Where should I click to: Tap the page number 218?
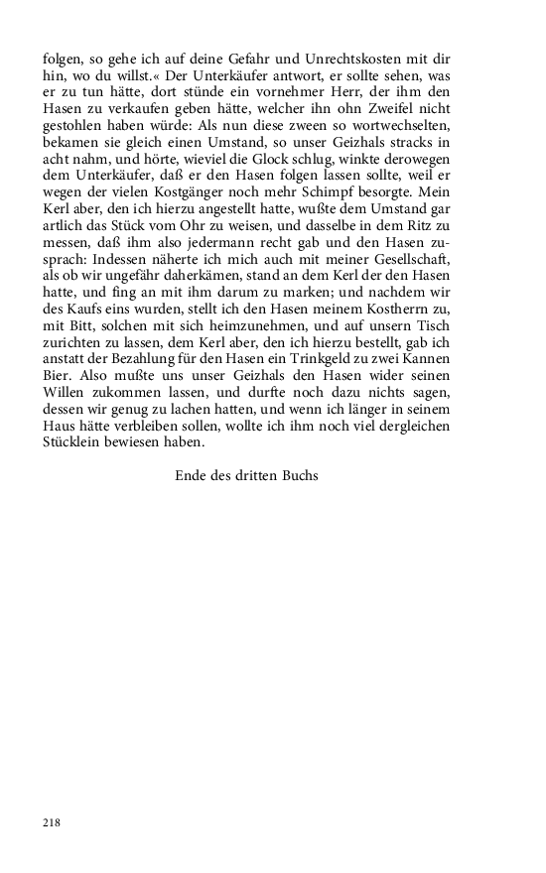(53, 821)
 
